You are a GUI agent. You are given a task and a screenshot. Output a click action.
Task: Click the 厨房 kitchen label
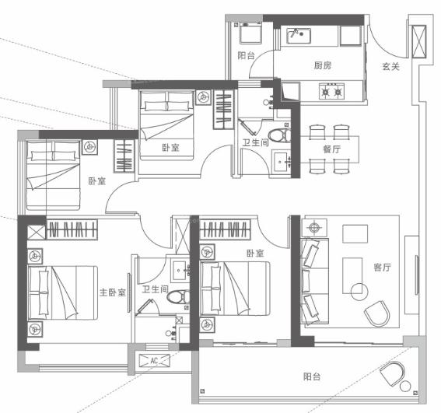coord(323,65)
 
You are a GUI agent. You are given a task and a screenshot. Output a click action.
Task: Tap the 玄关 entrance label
coord(390,67)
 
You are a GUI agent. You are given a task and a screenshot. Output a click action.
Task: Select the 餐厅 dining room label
coord(332,149)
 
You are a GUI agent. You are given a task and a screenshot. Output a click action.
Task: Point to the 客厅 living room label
coord(382,268)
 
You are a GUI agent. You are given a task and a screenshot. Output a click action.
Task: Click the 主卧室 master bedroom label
coord(113,292)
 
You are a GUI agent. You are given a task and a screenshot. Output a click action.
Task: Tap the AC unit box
coord(155,361)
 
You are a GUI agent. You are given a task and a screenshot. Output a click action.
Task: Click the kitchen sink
coord(299,36)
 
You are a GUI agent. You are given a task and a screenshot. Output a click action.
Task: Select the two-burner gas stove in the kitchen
coord(331,91)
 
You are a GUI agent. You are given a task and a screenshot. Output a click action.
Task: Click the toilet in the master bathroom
coord(178,297)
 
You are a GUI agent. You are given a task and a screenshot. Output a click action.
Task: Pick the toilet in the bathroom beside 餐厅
coord(279,135)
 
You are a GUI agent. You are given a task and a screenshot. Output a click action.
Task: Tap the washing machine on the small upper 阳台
coord(250,33)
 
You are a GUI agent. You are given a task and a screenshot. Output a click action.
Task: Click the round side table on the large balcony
coord(405,386)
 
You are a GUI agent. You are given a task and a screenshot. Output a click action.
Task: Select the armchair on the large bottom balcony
coord(392,373)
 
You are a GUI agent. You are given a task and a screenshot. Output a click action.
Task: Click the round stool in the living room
coord(359,292)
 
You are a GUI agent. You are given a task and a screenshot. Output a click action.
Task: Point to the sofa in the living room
coord(314,282)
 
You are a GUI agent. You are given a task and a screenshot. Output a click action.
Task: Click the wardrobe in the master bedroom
coord(72,229)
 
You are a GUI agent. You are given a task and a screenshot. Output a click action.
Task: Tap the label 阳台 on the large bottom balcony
coord(312,376)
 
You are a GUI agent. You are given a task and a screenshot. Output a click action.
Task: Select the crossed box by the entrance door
coord(418,41)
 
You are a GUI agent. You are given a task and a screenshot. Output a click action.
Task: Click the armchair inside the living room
coord(377,313)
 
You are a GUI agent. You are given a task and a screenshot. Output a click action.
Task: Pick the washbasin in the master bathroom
coord(180,271)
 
